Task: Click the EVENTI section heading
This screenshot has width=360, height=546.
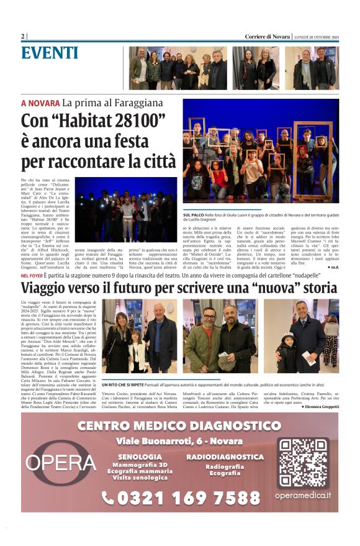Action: pyautogui.click(x=49, y=53)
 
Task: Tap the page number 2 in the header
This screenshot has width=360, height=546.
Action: pyautogui.click(x=23, y=37)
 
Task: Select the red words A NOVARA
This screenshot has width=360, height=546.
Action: pyautogui.click(x=40, y=103)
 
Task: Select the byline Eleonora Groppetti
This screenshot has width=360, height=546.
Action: pyautogui.click(x=320, y=406)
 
